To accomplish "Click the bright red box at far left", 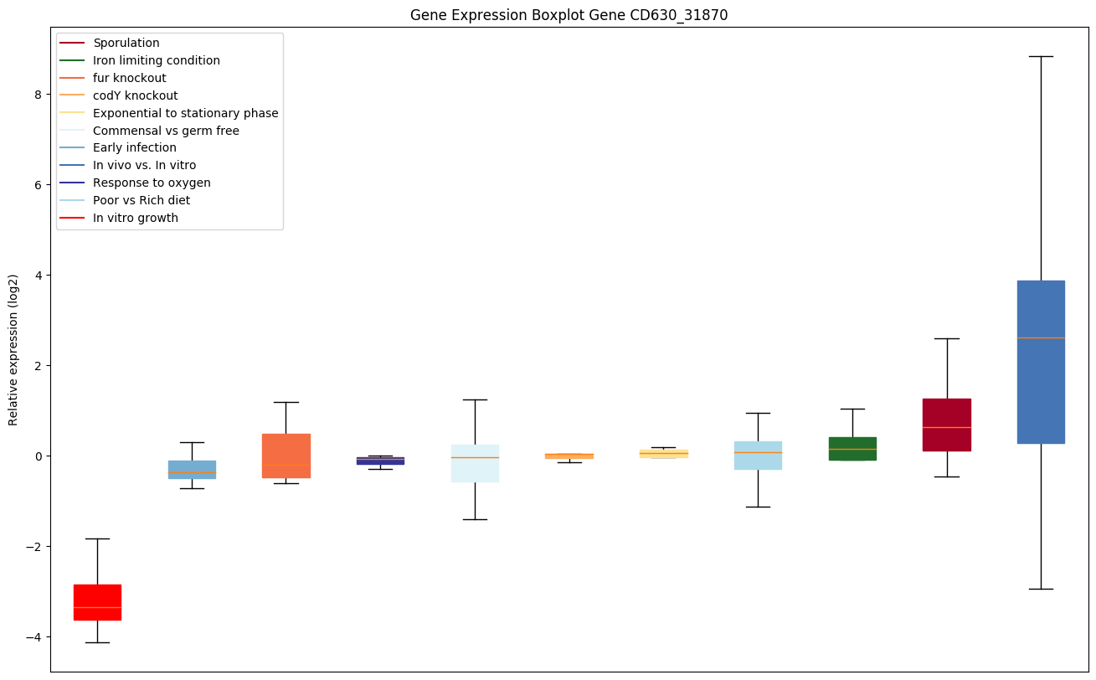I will tap(97, 602).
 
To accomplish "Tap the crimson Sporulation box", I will tap(946, 425).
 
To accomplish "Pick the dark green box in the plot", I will tap(852, 449).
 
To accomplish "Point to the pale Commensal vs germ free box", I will tap(475, 463).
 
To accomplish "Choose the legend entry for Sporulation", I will tap(126, 43).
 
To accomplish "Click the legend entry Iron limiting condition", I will tap(157, 60).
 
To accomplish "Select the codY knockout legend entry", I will tap(136, 95).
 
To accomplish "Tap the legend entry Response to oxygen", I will tap(152, 183).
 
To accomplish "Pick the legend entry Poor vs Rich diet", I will tap(142, 200).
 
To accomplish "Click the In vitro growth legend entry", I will tap(136, 218).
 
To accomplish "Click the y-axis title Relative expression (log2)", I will tap(13, 349).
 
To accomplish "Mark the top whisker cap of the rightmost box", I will tap(1041, 56).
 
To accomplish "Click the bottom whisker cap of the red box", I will tap(97, 642).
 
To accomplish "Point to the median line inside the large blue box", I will tap(1041, 337).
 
